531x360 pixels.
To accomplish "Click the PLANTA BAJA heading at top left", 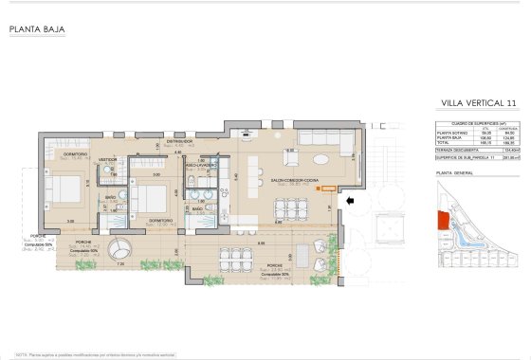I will (x=36, y=29).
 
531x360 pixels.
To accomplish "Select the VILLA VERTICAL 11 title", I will (x=479, y=101).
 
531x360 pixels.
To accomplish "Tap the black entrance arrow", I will (x=350, y=201).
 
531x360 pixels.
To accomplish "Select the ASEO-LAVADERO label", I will (x=202, y=163).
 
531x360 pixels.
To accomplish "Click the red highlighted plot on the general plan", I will (x=442, y=221).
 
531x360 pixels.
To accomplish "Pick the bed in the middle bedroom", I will (x=147, y=199).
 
